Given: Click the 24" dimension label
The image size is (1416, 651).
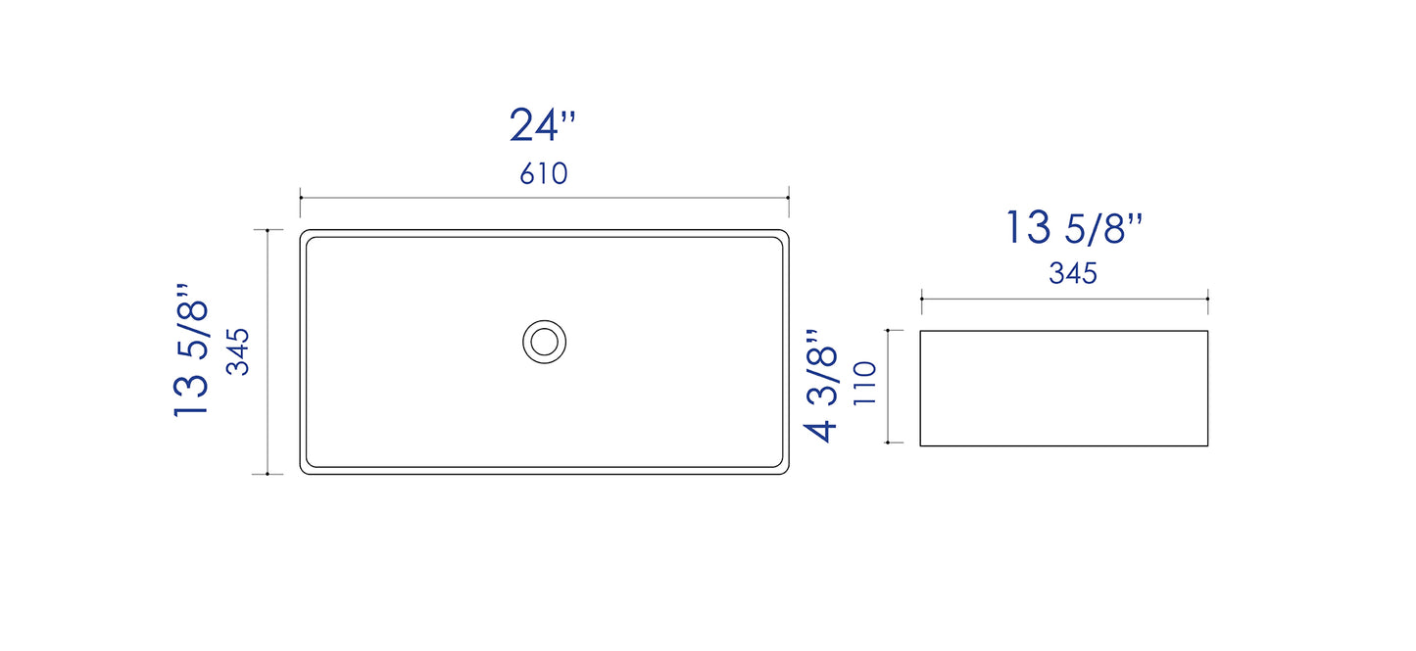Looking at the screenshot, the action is click(x=542, y=125).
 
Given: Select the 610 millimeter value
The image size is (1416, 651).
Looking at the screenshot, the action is click(x=544, y=173).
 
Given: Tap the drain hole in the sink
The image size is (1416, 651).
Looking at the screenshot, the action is click(x=544, y=342).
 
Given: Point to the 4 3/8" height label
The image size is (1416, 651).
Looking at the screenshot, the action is click(x=821, y=385).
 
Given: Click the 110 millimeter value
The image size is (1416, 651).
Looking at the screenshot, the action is click(x=864, y=384).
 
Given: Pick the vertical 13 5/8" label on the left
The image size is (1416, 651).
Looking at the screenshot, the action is click(x=190, y=349).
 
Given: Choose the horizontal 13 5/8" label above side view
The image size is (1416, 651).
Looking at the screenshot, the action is click(x=1073, y=227).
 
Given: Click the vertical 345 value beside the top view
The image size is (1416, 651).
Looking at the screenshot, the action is click(x=238, y=351).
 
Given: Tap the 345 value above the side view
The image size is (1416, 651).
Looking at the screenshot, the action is click(x=1073, y=273).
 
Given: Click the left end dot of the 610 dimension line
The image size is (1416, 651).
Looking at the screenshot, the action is click(x=300, y=198).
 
